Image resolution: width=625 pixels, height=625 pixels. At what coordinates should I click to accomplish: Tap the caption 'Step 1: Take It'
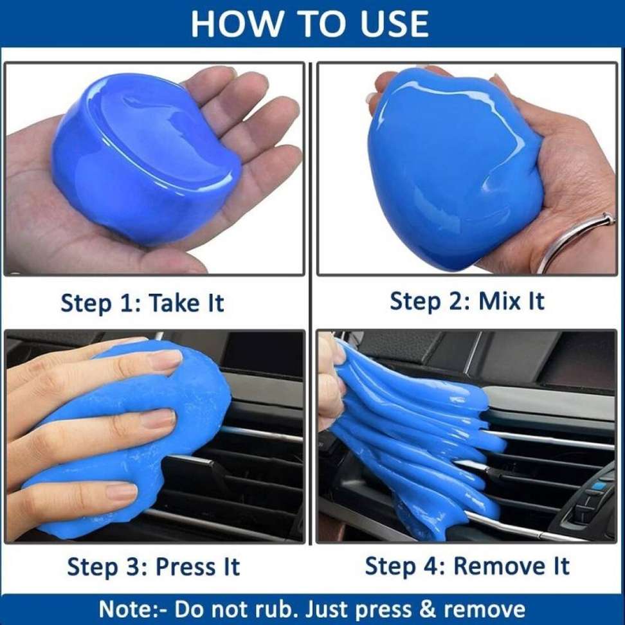(x=142, y=302)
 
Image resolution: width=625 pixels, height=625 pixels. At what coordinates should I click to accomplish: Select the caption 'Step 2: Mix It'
(x=467, y=301)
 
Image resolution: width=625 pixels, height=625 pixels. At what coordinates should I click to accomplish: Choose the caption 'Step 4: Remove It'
(x=467, y=566)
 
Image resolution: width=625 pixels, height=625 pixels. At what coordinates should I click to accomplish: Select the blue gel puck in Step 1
(x=145, y=158)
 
